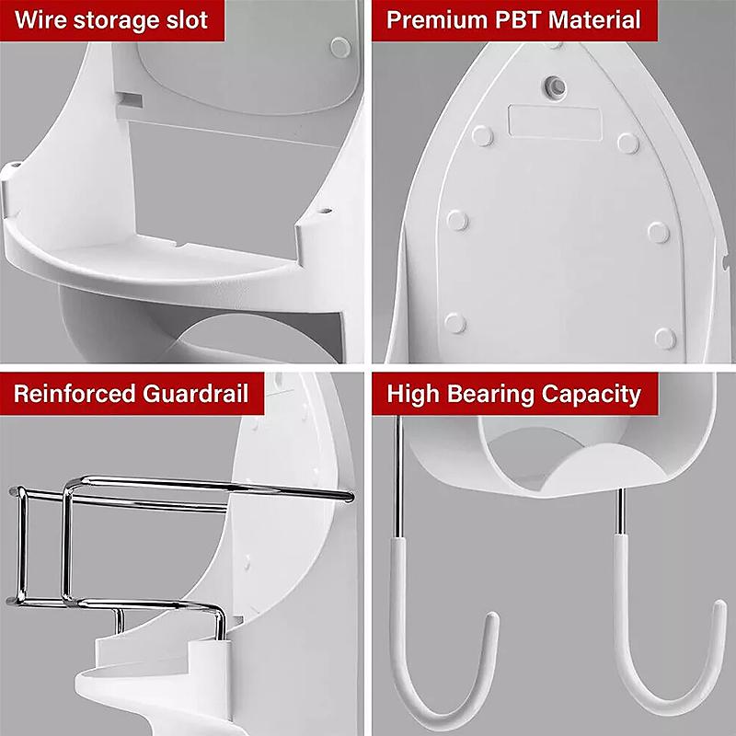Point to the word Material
(x=594, y=20)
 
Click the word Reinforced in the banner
(x=75, y=394)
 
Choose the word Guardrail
(x=196, y=394)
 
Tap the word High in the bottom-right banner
(x=412, y=395)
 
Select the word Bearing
(x=490, y=395)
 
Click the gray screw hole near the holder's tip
(x=556, y=86)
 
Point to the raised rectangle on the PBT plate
(x=555, y=123)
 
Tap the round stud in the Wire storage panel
(x=340, y=48)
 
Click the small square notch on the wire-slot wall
(x=130, y=99)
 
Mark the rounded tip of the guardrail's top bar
(x=349, y=496)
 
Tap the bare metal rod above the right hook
(x=620, y=512)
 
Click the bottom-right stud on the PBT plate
(x=665, y=339)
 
